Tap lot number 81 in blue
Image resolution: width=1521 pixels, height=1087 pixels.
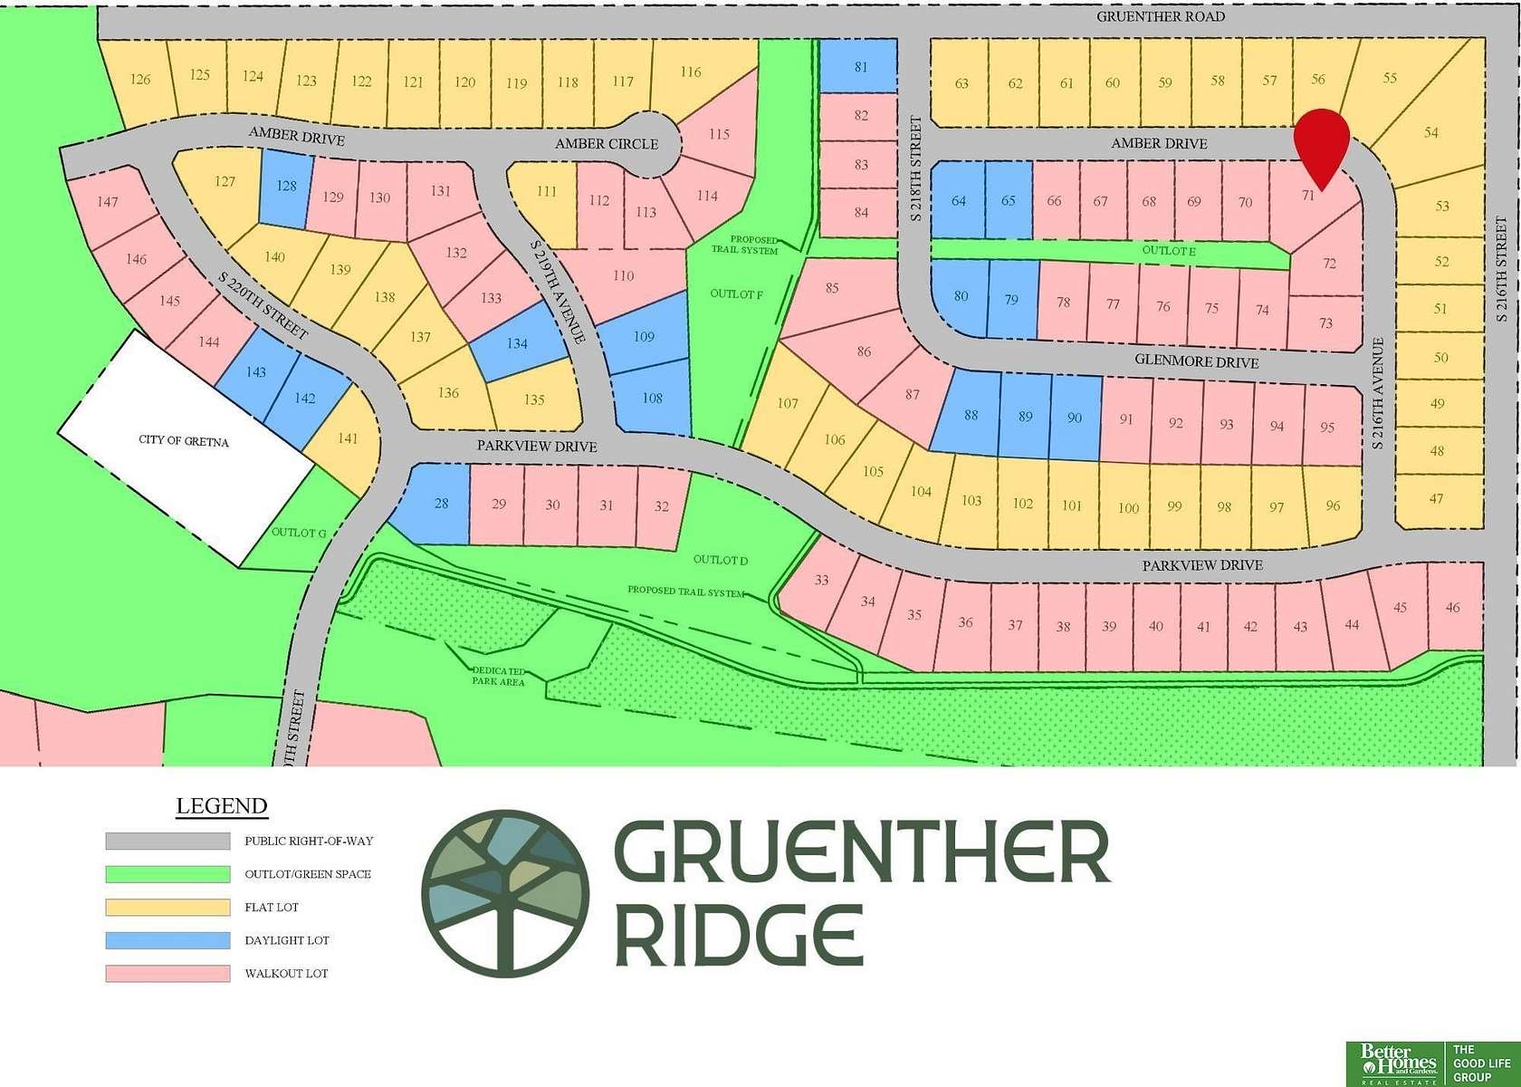click(x=860, y=67)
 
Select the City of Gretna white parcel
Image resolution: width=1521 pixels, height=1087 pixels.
click(x=184, y=444)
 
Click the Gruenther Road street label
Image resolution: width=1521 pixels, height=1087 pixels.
click(x=1160, y=16)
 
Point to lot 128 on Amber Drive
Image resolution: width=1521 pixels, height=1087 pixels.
click(x=286, y=187)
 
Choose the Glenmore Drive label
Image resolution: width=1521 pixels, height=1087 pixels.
click(x=1196, y=361)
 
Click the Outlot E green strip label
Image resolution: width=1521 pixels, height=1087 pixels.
click(x=1168, y=251)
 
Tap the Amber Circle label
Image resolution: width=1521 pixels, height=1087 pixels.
click(x=607, y=144)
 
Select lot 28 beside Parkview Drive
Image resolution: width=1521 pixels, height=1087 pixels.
click(x=441, y=504)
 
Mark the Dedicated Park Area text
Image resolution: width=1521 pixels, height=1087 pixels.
click(x=498, y=676)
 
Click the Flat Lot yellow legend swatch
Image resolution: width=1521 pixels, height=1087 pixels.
click(x=167, y=907)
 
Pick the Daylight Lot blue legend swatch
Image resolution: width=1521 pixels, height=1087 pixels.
click(x=167, y=940)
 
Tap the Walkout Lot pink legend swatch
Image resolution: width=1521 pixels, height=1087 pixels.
click(x=167, y=974)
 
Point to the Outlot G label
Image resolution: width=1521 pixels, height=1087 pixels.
click(x=298, y=533)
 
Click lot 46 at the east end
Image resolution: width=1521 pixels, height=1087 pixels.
click(x=1452, y=608)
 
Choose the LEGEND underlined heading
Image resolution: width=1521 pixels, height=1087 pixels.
click(x=221, y=806)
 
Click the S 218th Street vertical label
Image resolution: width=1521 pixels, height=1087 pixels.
click(x=915, y=168)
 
